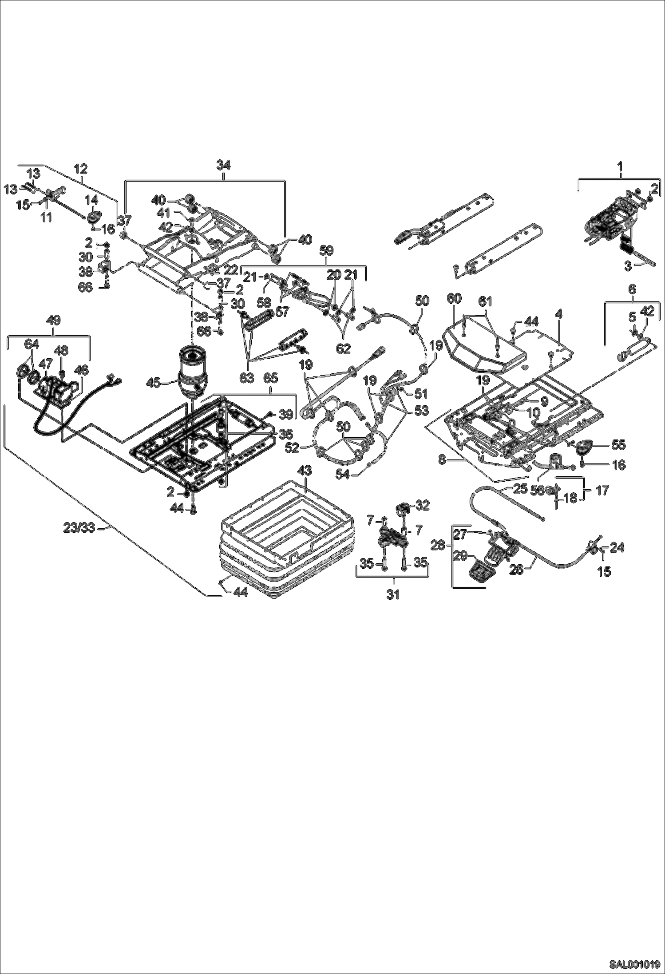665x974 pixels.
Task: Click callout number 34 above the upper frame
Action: [x=224, y=165]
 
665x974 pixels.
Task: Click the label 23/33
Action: [x=79, y=528]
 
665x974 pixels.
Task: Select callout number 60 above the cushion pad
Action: [x=454, y=298]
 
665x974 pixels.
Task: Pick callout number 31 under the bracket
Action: [x=393, y=594]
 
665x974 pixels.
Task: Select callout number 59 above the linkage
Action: [x=327, y=251]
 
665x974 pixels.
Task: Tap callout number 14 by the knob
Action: [x=93, y=199]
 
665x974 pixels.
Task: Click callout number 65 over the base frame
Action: [x=270, y=378]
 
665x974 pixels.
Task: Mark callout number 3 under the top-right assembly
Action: [x=628, y=266]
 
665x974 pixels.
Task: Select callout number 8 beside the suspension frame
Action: [x=442, y=459]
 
